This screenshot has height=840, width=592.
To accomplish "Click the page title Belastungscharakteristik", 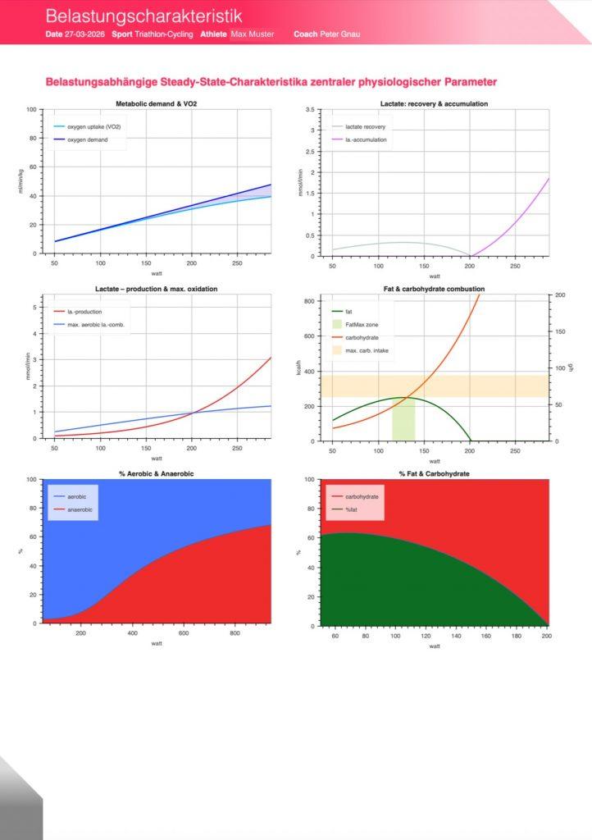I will tap(143, 16).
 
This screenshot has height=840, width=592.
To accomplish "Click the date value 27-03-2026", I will tap(84, 34).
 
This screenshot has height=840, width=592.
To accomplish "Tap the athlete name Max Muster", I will tap(253, 34).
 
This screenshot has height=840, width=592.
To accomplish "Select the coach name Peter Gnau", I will tap(339, 34).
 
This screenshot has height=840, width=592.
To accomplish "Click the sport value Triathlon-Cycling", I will tap(163, 34).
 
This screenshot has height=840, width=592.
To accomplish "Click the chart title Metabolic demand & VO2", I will tap(156, 104).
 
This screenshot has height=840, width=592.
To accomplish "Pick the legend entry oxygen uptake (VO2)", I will tap(90, 127).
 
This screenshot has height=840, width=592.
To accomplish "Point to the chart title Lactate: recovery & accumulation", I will tap(434, 104).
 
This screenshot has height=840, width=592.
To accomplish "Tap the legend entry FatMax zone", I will tap(362, 325).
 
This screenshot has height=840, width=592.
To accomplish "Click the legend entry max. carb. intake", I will tap(367, 351).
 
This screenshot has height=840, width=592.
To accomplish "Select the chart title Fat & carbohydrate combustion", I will tap(434, 289).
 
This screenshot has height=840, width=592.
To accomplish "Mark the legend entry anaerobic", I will tap(80, 510).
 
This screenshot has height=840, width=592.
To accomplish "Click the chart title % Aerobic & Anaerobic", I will tap(156, 473).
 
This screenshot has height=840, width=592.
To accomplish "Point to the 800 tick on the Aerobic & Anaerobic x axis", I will tap(235, 633).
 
